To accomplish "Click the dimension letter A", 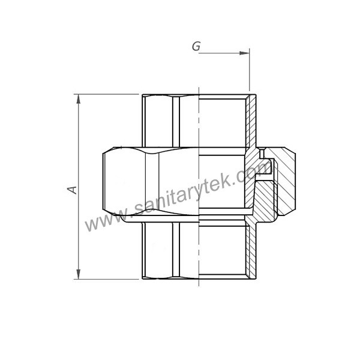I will [72, 190].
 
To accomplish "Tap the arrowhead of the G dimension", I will [245, 53].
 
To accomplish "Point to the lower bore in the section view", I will [222, 252].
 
